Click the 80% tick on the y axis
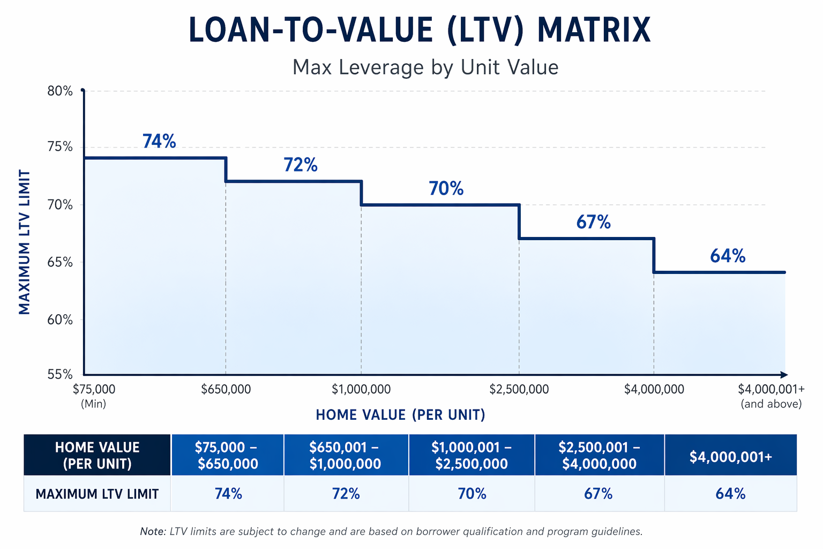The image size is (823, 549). click(x=59, y=91)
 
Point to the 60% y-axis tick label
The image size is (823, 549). click(x=59, y=320)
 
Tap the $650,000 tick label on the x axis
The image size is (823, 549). click(x=226, y=389)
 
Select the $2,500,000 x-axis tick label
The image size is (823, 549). click(x=519, y=389)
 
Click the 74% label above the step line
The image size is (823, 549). click(x=159, y=141)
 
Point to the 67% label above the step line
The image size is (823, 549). click(x=593, y=222)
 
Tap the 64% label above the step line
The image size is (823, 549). click(x=728, y=256)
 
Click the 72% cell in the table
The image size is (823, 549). click(x=346, y=493)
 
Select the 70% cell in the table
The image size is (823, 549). click(x=472, y=493)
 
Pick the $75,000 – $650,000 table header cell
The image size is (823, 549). click(x=227, y=455)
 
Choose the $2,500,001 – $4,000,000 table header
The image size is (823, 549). click(x=599, y=455)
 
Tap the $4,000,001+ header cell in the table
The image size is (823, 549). click(x=730, y=457)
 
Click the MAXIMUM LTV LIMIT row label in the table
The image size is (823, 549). click(x=97, y=494)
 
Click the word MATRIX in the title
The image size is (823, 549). click(x=594, y=31)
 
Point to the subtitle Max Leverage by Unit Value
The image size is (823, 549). click(x=425, y=68)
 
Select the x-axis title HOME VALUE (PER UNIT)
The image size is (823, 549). click(x=400, y=414)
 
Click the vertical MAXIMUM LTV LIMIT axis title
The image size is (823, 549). click(x=25, y=242)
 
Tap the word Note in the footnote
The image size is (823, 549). click(x=153, y=531)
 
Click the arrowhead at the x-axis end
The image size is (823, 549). click(x=784, y=375)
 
